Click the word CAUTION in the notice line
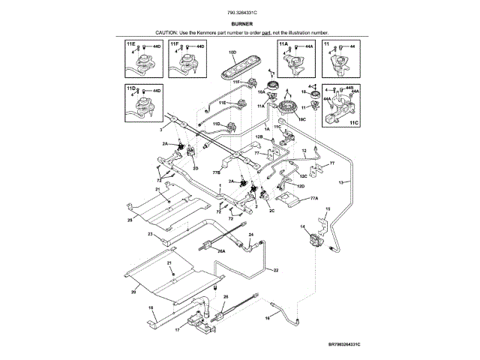167,34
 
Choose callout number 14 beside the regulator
303,226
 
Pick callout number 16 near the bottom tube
267,318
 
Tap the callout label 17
177,328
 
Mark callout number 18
151,307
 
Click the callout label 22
275,269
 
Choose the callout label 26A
221,252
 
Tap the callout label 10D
232,52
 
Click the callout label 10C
302,118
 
